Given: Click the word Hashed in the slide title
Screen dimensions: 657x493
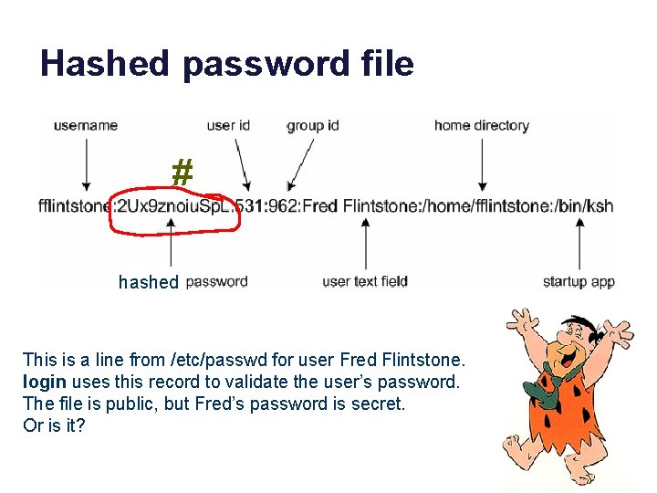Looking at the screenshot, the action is tap(105, 64).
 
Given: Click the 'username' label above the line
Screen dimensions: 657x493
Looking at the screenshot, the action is tap(86, 125).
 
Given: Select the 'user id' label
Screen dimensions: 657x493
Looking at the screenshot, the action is tap(228, 125).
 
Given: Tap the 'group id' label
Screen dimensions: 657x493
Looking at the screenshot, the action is tap(313, 125).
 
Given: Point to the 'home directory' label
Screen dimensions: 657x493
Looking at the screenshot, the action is tap(481, 125).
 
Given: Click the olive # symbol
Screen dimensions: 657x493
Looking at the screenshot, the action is tap(182, 172).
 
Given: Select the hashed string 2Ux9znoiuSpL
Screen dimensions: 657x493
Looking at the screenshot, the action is tap(172, 206).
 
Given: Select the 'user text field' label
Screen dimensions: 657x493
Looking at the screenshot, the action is tap(365, 281).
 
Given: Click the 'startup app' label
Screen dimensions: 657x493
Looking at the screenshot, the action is tap(579, 281).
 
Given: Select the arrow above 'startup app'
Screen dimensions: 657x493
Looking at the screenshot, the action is tap(579, 245).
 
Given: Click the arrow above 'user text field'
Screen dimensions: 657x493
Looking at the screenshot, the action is tap(365, 245).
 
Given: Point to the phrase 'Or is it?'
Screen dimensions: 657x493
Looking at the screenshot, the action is tap(54, 425).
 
